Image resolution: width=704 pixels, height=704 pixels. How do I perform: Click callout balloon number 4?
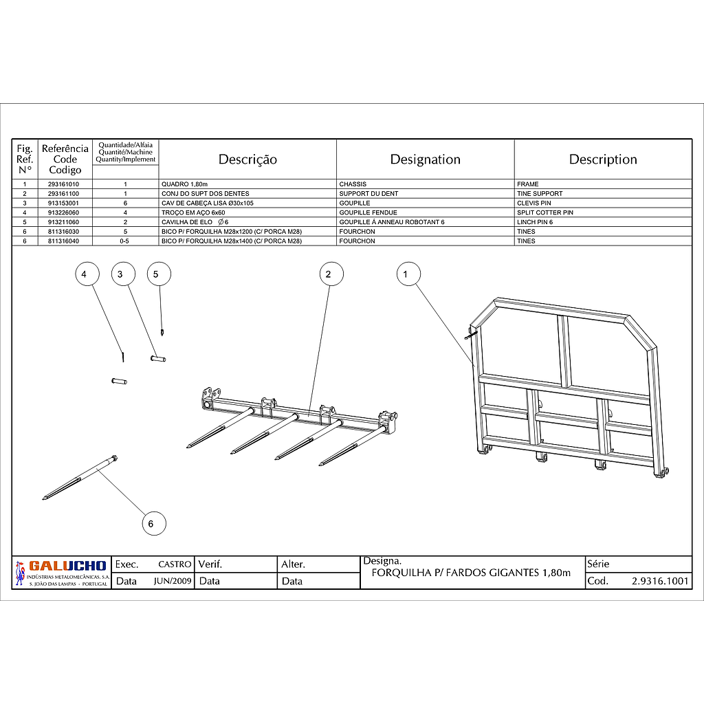(x=85, y=274)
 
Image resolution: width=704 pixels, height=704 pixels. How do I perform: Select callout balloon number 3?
(x=121, y=274)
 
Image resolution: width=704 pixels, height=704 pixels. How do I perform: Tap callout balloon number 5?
(x=157, y=274)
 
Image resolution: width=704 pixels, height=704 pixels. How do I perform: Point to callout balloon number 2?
(x=329, y=274)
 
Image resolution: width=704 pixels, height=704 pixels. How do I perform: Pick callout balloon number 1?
(x=406, y=274)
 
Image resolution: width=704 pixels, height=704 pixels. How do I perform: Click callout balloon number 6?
(x=153, y=524)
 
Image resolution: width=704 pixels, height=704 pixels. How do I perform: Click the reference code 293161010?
(x=65, y=184)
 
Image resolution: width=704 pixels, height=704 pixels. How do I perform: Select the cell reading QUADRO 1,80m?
(x=184, y=184)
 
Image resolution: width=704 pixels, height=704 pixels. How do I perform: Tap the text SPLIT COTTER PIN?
(x=544, y=212)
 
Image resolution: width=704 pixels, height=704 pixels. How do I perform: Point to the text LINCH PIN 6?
(x=535, y=222)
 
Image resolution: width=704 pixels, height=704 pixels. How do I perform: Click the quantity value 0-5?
(x=125, y=241)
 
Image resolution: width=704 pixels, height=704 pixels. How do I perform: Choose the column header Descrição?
(x=247, y=159)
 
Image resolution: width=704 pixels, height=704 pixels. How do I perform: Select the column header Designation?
(x=425, y=159)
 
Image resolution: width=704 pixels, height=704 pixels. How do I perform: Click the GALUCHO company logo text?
(x=67, y=566)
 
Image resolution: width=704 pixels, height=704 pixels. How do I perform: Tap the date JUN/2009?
(x=173, y=581)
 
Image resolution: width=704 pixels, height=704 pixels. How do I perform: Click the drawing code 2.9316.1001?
(x=659, y=581)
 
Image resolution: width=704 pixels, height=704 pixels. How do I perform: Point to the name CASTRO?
(x=175, y=564)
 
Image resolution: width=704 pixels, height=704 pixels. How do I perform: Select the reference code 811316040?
(x=65, y=241)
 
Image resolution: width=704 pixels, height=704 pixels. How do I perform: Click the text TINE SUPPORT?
(x=540, y=194)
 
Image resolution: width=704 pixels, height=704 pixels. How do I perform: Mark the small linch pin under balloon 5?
(x=162, y=333)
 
